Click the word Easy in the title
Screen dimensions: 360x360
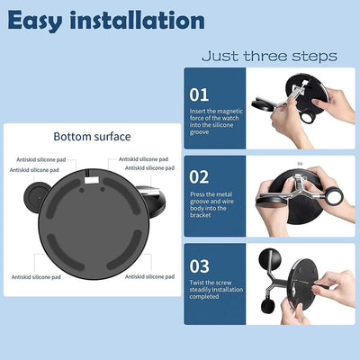point(41,19)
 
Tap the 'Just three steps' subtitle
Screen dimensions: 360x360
point(269,56)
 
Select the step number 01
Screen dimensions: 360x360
point(199,93)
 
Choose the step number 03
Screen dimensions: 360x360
point(199,266)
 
